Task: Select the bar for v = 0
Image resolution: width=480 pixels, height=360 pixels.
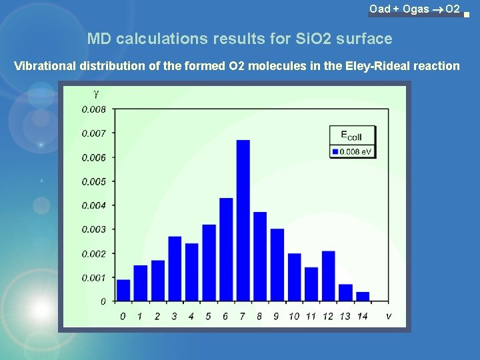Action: click(x=123, y=290)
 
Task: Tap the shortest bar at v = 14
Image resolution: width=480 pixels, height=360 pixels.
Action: click(x=363, y=297)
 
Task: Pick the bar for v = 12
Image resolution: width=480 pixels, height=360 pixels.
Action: click(x=328, y=276)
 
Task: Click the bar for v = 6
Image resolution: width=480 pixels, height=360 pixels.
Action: click(x=226, y=249)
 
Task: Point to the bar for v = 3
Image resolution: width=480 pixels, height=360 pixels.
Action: click(x=175, y=269)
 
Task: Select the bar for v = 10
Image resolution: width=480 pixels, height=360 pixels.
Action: click(x=294, y=277)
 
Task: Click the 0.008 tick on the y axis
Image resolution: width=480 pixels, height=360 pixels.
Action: click(x=93, y=109)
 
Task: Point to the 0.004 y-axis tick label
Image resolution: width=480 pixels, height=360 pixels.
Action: click(x=93, y=205)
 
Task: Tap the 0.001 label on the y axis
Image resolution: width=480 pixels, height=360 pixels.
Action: click(x=93, y=277)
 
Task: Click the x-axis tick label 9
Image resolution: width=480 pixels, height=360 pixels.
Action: click(x=277, y=316)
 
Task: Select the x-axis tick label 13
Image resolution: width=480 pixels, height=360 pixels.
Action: click(x=345, y=316)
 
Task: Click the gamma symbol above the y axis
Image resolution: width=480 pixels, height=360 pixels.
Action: click(x=96, y=94)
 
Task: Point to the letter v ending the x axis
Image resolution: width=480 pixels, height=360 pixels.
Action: click(x=388, y=315)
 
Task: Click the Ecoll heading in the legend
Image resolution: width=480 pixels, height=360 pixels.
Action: click(x=351, y=136)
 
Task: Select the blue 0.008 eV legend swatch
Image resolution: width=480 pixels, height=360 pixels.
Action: click(x=335, y=152)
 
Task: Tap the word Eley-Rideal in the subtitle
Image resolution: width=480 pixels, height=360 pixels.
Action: click(x=383, y=65)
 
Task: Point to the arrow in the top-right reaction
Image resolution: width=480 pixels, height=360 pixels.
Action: click(x=437, y=9)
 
